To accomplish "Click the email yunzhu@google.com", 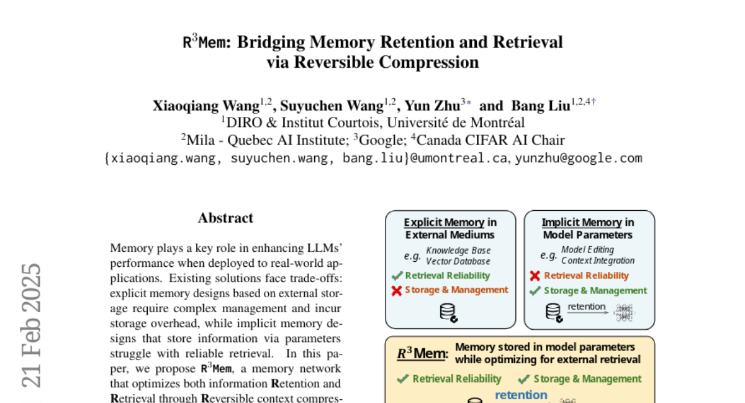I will (x=579, y=158).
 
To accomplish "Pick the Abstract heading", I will (x=225, y=218).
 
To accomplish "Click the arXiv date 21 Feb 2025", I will (x=32, y=325).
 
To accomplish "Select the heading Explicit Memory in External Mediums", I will (x=450, y=228).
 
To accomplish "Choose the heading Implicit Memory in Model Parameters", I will (x=588, y=228).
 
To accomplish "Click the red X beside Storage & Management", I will (x=397, y=290).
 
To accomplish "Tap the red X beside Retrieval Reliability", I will (x=535, y=276).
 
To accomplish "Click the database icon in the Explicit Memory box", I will (x=448, y=312).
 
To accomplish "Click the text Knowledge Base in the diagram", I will (x=458, y=251).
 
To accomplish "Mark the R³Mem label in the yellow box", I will (x=422, y=354).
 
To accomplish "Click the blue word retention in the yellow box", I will (x=521, y=395).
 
